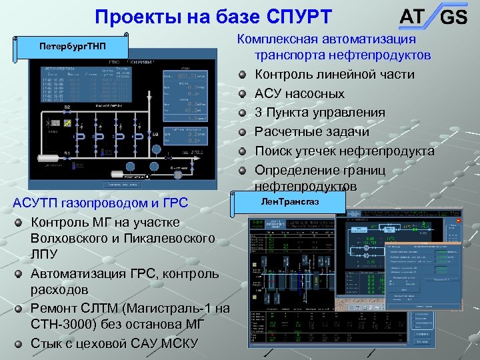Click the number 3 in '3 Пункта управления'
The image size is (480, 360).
click(259, 112)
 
